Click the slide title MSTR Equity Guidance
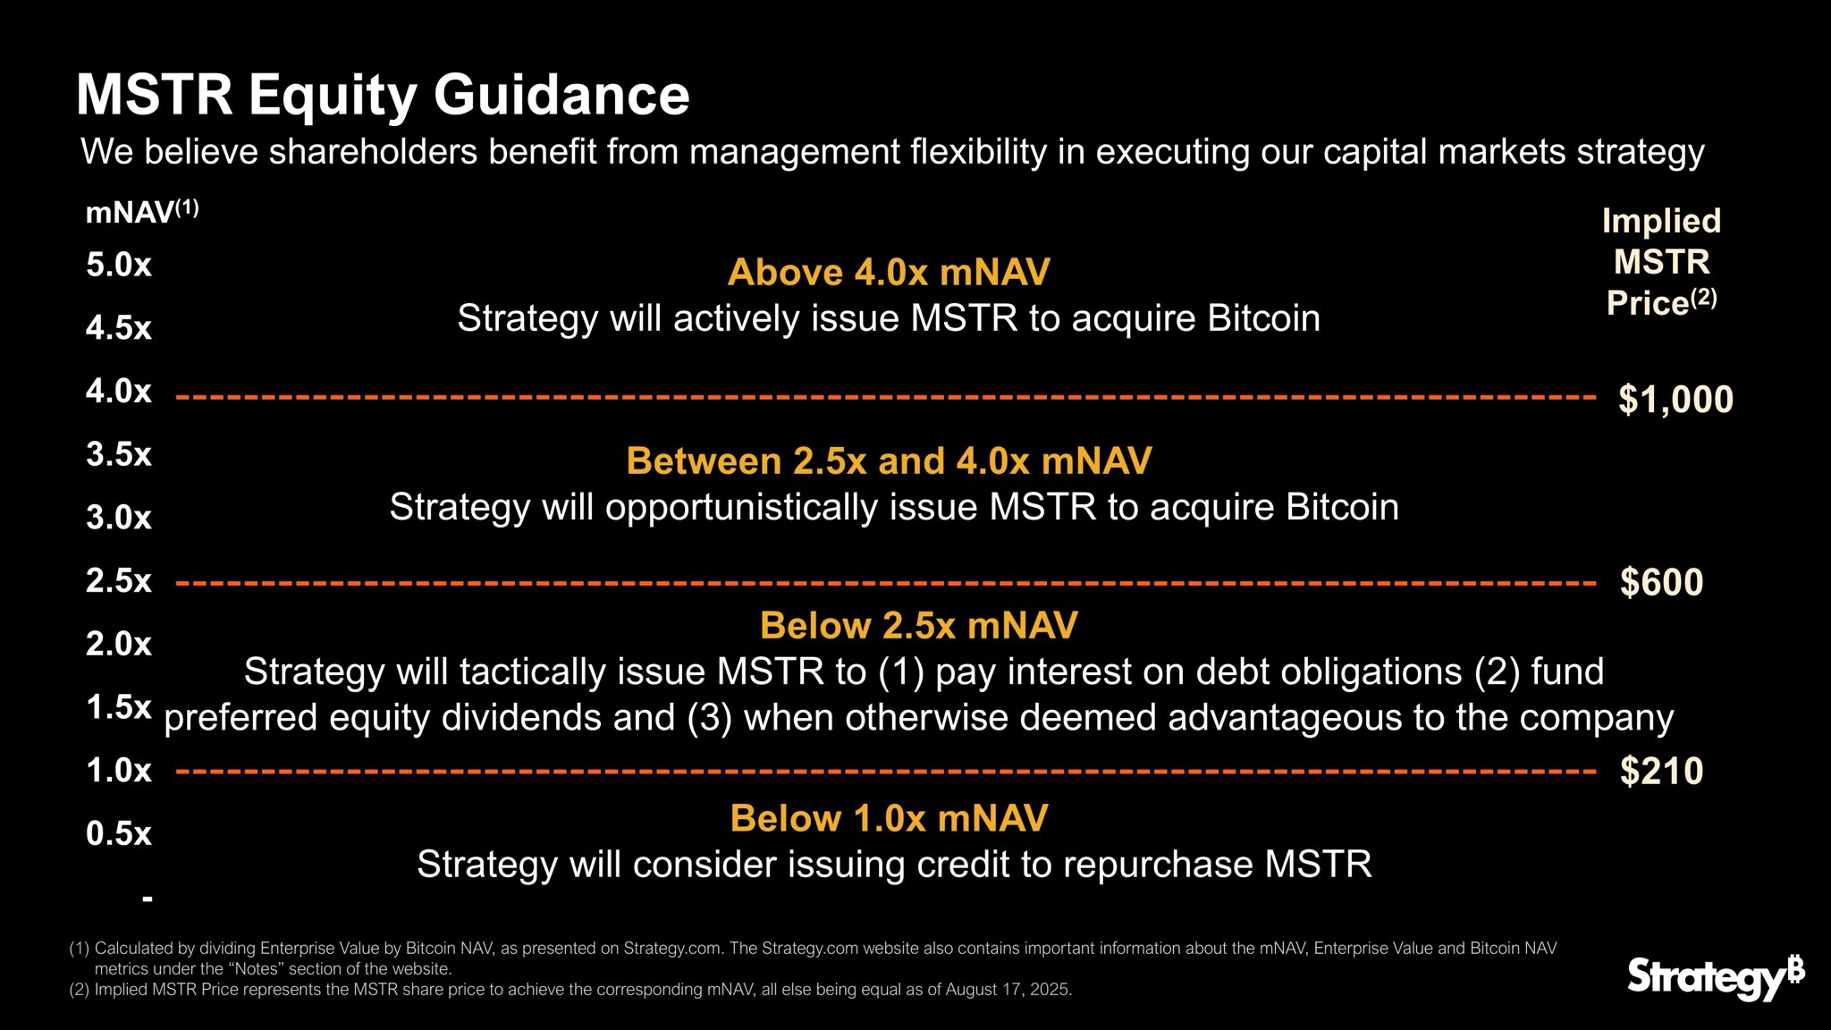[x=383, y=95]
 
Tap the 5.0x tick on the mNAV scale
[x=119, y=265]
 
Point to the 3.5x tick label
[x=119, y=454]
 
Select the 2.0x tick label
[x=119, y=644]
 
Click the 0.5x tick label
[x=119, y=833]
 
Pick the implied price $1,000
[x=1675, y=399]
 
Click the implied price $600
[x=1661, y=582]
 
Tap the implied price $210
[x=1661, y=771]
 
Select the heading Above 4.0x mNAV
[x=889, y=272]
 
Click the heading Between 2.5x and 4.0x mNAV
[x=889, y=460]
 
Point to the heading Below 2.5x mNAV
[x=918, y=625]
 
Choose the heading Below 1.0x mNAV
[x=889, y=818]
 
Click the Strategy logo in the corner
[x=1715, y=977]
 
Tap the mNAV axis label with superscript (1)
[x=141, y=212]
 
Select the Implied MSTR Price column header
[x=1661, y=261]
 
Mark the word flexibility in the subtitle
[x=977, y=152]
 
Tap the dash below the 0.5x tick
[x=148, y=897]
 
